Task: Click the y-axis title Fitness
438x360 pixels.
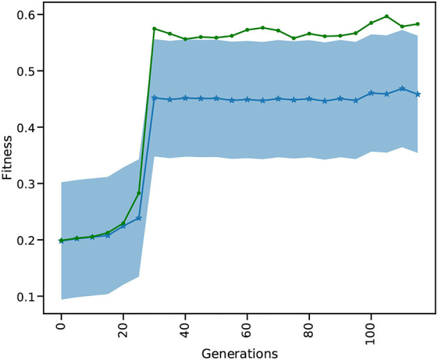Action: click(8, 156)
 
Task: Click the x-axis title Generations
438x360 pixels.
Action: click(239, 353)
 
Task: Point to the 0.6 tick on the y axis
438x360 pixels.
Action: click(31, 15)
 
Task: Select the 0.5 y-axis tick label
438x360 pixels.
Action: click(31, 71)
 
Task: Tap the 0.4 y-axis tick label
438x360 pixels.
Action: click(31, 127)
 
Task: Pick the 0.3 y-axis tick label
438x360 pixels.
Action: click(31, 183)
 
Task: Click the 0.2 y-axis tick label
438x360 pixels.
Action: click(31, 240)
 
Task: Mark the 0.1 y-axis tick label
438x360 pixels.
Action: click(31, 297)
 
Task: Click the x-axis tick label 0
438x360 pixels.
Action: click(61, 327)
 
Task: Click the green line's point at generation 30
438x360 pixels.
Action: click(154, 28)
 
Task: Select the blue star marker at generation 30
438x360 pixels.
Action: click(154, 98)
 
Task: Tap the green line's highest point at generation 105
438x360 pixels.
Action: click(387, 16)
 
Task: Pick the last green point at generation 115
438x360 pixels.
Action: click(418, 24)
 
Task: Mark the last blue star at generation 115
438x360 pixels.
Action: click(418, 94)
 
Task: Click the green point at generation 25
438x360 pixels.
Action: click(138, 193)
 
